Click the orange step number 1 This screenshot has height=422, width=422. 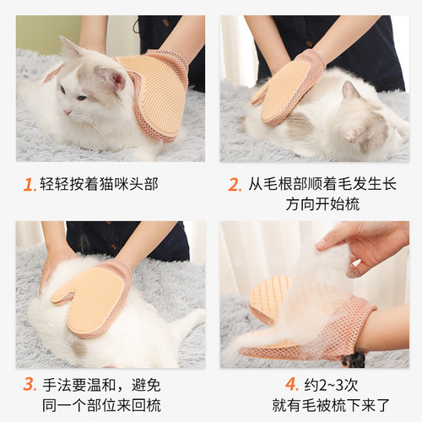tap(29, 185)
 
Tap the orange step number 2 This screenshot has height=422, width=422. tap(234, 185)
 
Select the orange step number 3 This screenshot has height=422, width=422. tap(29, 385)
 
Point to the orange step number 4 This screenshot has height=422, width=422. tap(291, 385)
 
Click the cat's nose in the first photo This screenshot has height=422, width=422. tap(68, 111)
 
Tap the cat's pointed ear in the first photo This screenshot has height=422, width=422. tap(69, 46)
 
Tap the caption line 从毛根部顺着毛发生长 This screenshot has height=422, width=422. tap(321, 185)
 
